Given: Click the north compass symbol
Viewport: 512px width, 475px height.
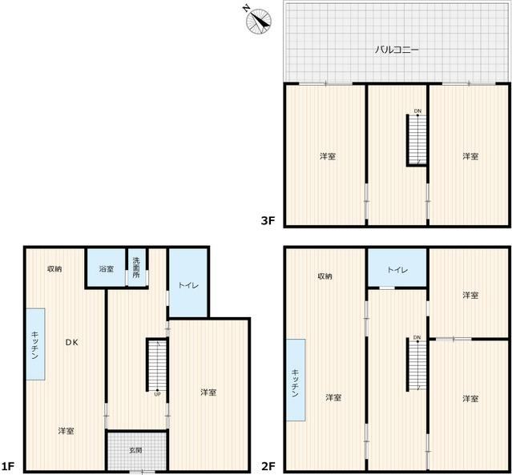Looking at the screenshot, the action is (x=258, y=21).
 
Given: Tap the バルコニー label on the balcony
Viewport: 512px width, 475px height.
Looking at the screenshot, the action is (x=397, y=50).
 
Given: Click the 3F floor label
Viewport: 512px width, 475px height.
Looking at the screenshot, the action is (x=268, y=221).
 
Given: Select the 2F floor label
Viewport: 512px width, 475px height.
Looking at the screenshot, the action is (x=268, y=466).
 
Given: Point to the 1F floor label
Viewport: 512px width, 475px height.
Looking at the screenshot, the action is (x=7, y=466).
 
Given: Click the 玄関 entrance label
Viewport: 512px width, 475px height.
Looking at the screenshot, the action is (x=135, y=450).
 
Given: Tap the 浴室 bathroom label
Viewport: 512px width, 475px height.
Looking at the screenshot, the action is (x=107, y=269).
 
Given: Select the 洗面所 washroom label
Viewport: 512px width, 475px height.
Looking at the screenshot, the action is (x=136, y=268).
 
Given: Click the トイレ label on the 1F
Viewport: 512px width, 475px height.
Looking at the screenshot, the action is (x=188, y=285).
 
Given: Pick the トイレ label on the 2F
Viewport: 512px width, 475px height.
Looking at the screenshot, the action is (x=397, y=270).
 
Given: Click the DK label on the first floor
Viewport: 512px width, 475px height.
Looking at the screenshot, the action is (x=71, y=342).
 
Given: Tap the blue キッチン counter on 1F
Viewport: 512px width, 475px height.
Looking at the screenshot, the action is (x=35, y=344).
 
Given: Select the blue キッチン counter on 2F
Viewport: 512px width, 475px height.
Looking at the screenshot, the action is (x=296, y=380).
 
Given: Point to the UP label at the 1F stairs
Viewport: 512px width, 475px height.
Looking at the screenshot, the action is (x=157, y=394).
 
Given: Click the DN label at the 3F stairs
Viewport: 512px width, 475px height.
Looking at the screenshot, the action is (x=417, y=111).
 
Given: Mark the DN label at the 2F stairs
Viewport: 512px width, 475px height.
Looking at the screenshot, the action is (x=417, y=337).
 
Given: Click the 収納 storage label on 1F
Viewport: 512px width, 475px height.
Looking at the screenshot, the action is (x=54, y=269).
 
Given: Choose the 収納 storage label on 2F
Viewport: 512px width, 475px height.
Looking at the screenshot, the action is (x=325, y=276).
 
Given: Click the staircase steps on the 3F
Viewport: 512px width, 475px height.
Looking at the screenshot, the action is (x=417, y=139).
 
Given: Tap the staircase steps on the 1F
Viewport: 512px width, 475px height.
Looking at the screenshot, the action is (x=157, y=365).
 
